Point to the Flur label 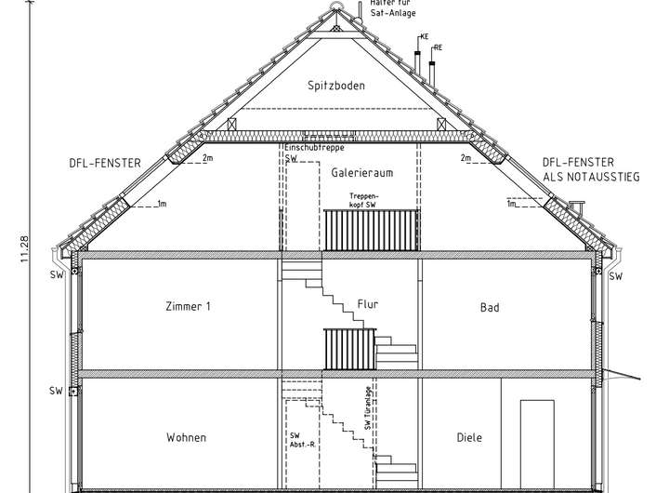click(x=367, y=304)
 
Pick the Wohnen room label click(x=186, y=437)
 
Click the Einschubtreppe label click(x=316, y=148)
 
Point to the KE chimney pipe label click(x=425, y=36)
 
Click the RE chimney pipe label click(x=438, y=46)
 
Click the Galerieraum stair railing click(x=371, y=229)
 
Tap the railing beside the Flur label click(x=348, y=347)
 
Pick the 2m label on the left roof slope click(x=206, y=159)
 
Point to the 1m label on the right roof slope click(x=511, y=204)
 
